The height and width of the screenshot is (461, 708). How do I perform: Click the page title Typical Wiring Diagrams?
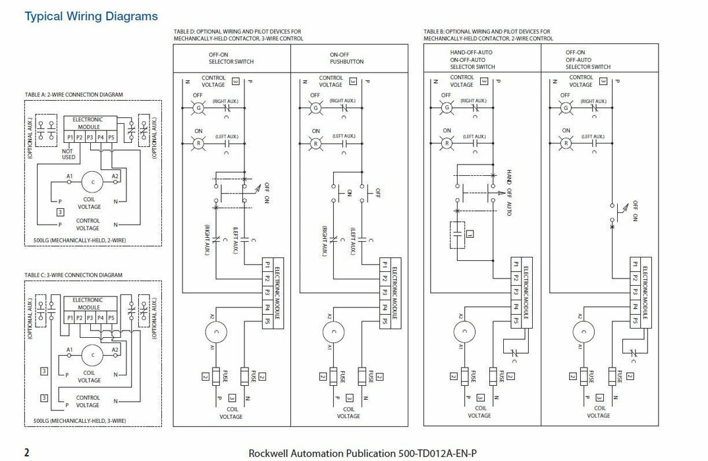[91, 16]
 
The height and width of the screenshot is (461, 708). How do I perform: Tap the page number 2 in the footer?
[27, 452]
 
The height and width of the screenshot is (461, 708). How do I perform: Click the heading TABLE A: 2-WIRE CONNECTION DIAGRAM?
[73, 95]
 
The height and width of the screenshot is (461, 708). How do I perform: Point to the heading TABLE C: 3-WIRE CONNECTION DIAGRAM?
[73, 275]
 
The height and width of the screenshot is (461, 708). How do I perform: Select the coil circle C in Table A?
[92, 180]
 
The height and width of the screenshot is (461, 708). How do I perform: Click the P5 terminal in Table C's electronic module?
[111, 318]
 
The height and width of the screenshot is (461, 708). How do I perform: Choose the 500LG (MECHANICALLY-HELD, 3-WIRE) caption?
[79, 420]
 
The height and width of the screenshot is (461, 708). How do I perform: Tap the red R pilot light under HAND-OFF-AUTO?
[447, 142]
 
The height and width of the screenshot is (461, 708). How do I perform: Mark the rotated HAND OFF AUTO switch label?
[508, 190]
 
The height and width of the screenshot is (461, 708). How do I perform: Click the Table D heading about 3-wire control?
[238, 35]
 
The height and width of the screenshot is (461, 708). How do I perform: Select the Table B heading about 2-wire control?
[488, 35]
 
